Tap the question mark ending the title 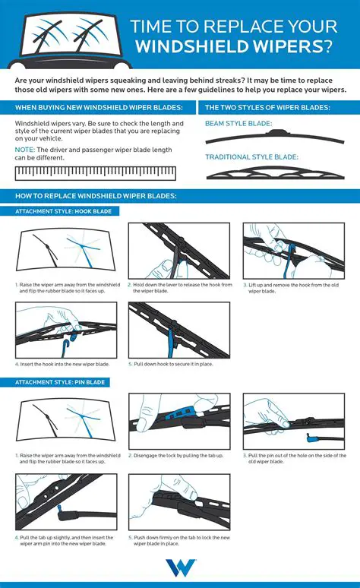coord(325,46)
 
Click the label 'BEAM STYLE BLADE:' coord(239,123)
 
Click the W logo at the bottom coord(180,568)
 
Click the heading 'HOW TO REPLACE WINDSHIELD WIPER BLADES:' coord(96,196)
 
